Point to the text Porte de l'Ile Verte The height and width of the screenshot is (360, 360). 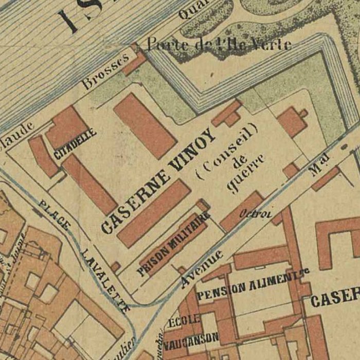tap(219, 44)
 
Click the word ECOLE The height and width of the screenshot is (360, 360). tap(184, 319)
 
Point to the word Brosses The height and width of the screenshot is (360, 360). tap(105, 71)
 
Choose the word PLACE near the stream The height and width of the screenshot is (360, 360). tap(54, 216)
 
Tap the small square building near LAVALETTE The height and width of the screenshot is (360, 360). tap(116, 267)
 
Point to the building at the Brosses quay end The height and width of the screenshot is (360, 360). tap(135, 61)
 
